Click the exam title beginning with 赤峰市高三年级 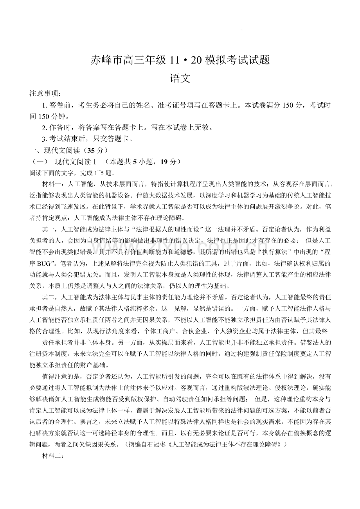click(180, 60)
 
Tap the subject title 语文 click(180, 78)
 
